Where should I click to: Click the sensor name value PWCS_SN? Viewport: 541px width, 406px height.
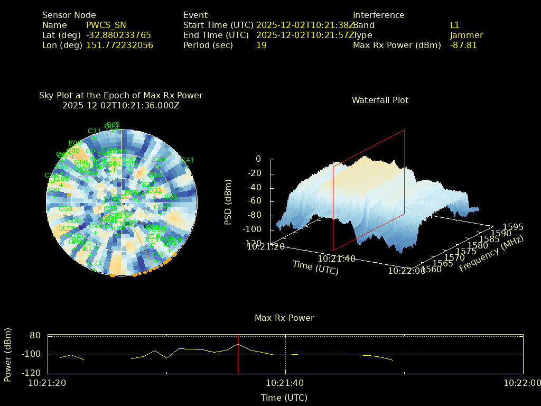point(106,25)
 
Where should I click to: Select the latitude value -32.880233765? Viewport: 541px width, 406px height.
point(118,35)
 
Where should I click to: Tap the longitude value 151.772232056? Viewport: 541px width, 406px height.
point(119,45)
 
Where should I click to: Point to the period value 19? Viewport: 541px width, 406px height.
point(262,45)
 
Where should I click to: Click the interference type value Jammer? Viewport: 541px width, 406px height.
point(467,35)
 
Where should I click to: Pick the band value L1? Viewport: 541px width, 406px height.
point(455,25)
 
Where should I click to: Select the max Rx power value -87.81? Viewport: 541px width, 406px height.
point(463,45)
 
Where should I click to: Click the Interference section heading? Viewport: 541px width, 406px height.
point(378,15)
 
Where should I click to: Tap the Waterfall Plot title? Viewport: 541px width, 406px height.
point(380,100)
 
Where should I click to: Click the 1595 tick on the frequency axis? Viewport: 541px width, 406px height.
point(513,227)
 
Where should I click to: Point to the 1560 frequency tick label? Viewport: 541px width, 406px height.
point(433,270)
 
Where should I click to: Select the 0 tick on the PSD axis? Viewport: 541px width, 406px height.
point(258,159)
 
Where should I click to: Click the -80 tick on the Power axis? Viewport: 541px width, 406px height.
point(34,336)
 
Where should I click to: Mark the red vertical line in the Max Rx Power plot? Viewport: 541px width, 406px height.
point(238,354)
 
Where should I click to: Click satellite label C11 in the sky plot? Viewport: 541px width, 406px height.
point(95,131)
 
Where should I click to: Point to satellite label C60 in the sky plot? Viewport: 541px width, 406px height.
point(55,190)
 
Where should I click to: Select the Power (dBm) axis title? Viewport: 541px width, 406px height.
point(8,354)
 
